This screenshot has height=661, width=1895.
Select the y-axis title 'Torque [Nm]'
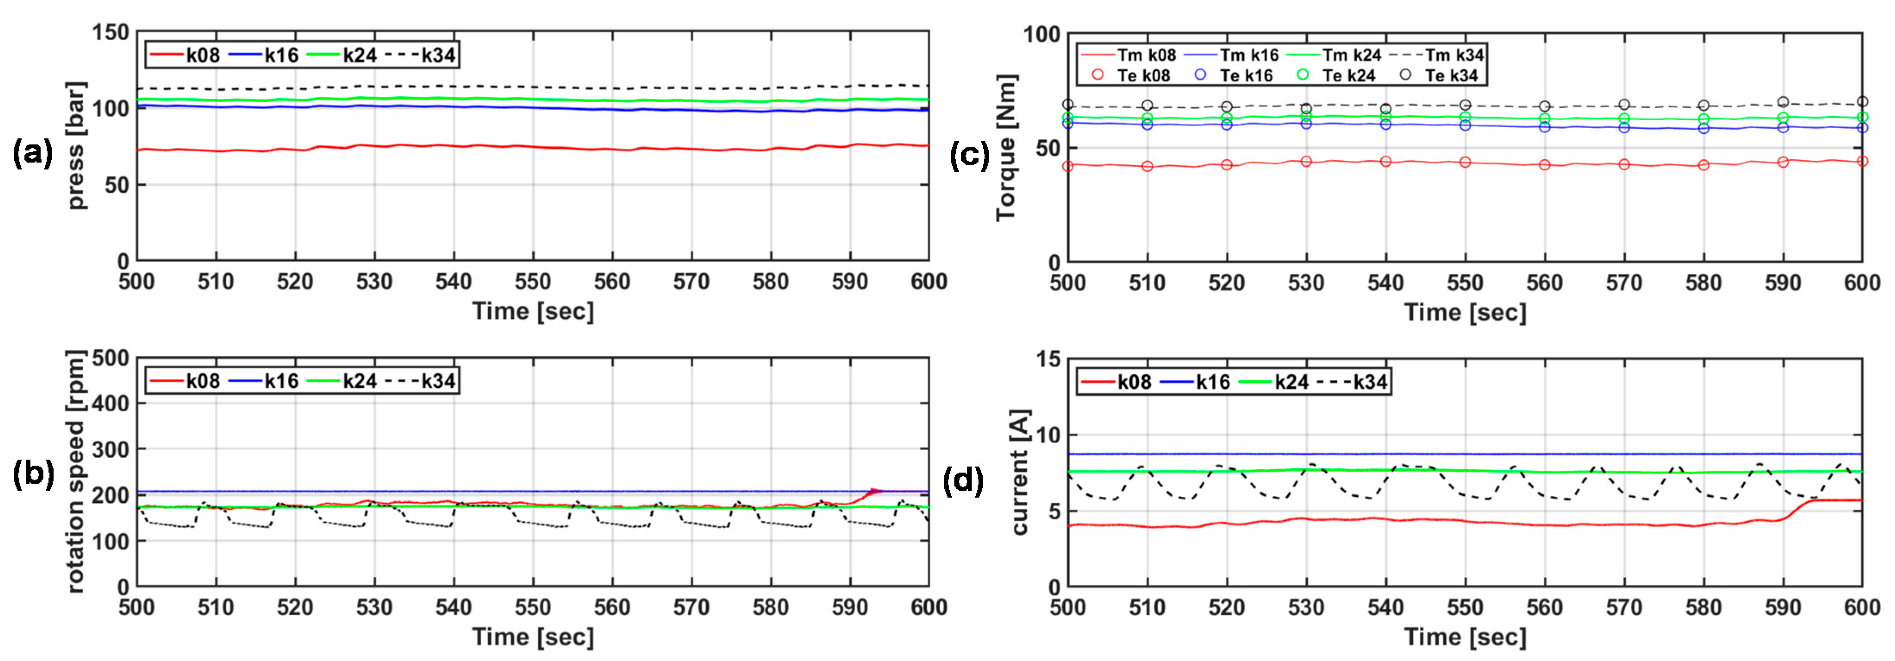[1006, 147]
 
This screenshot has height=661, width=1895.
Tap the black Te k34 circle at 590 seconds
[1783, 102]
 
